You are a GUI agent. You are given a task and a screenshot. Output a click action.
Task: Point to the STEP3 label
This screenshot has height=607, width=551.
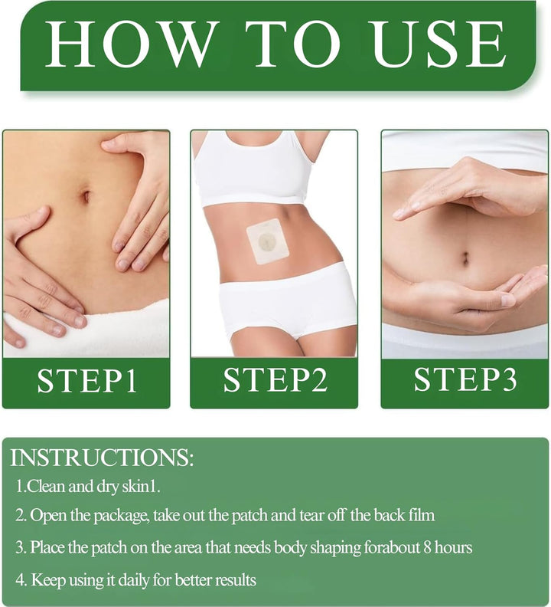click(x=465, y=381)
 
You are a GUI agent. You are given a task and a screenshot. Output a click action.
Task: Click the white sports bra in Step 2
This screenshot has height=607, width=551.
click(x=253, y=172)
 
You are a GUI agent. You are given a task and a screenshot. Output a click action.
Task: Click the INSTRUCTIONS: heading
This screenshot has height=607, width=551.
click(x=102, y=458)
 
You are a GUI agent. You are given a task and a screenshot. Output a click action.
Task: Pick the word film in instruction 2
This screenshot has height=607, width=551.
click(x=421, y=515)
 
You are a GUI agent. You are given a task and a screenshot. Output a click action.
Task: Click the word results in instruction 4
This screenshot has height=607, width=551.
click(x=233, y=579)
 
